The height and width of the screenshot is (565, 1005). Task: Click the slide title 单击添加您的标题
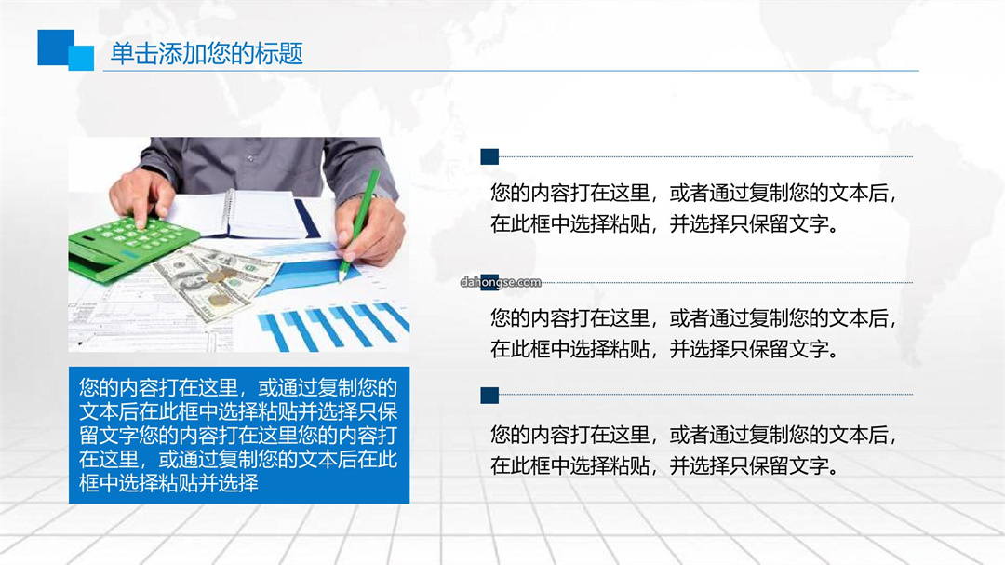click(x=207, y=53)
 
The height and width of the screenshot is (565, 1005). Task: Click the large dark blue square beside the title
click(x=54, y=47)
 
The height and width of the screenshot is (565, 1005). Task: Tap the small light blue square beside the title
click(x=82, y=58)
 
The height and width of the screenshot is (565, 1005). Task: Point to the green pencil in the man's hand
click(x=359, y=224)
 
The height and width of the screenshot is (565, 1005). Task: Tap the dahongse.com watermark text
click(x=501, y=282)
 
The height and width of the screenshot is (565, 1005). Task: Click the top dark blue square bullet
click(x=489, y=156)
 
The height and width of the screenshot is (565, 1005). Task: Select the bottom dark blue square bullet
click(x=489, y=395)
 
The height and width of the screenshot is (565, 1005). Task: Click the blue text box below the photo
click(x=239, y=435)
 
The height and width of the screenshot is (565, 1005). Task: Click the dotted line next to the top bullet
click(x=705, y=156)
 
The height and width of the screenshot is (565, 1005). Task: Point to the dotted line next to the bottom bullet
click(x=705, y=395)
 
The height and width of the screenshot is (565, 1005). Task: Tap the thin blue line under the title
click(x=511, y=71)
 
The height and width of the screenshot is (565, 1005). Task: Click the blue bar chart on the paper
click(x=333, y=325)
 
